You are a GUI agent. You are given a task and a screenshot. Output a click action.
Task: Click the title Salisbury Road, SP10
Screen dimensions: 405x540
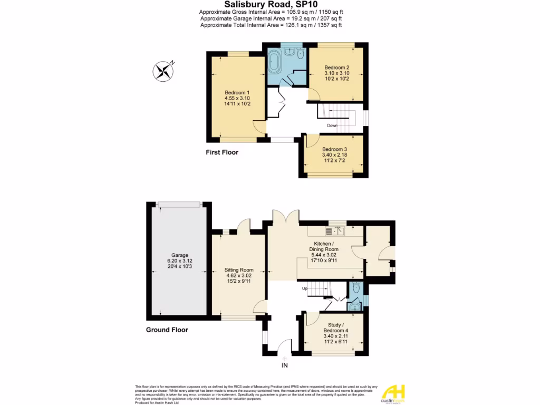[270, 4]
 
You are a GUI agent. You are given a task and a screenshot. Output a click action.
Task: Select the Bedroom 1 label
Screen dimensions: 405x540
[237, 98]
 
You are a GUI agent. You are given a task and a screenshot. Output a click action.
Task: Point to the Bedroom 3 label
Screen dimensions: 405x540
[334, 155]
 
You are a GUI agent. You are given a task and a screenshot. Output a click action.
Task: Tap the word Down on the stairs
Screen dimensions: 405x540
[332, 126]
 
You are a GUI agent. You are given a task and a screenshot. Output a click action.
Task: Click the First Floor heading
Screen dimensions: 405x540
[222, 152]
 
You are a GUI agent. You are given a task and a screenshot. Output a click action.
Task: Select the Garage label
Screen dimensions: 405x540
[179, 261]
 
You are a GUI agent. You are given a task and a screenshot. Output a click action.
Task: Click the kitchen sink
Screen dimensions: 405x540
[335, 230]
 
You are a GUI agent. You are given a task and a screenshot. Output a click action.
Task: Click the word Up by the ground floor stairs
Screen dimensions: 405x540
[304, 288]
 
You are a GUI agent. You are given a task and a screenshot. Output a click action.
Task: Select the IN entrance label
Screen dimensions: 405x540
[284, 365]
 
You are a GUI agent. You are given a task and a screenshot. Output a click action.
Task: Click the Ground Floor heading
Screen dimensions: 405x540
[167, 330]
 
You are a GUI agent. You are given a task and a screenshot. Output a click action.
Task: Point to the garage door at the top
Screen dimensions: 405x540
[179, 204]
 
